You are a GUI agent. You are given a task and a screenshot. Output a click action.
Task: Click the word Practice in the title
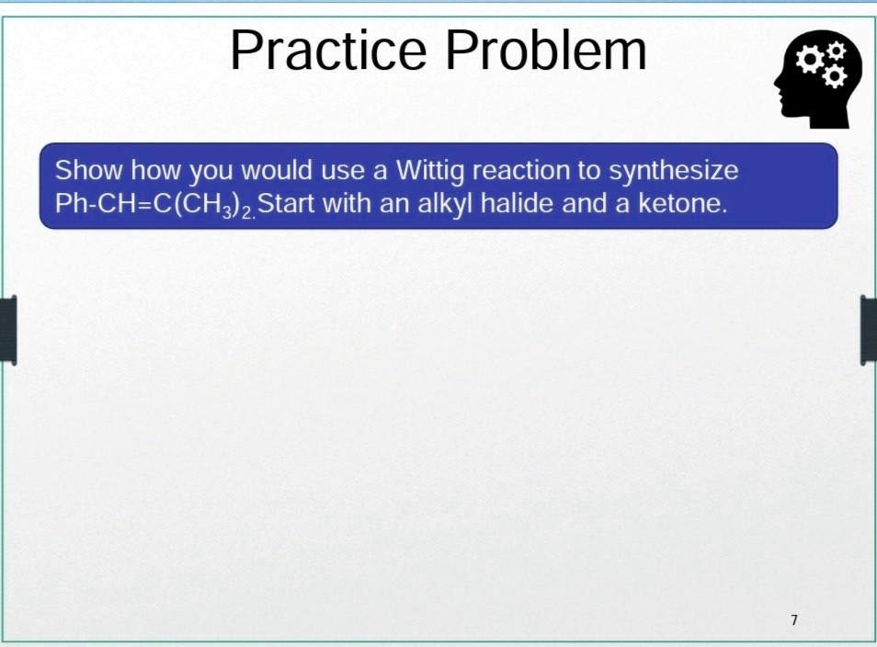point(332,51)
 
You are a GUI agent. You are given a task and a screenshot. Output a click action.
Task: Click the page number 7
point(794,620)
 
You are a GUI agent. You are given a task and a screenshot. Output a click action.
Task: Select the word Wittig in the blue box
point(429,171)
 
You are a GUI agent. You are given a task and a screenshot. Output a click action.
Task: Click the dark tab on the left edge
point(7,330)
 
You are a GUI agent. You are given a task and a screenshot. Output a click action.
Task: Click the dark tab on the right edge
point(869,330)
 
